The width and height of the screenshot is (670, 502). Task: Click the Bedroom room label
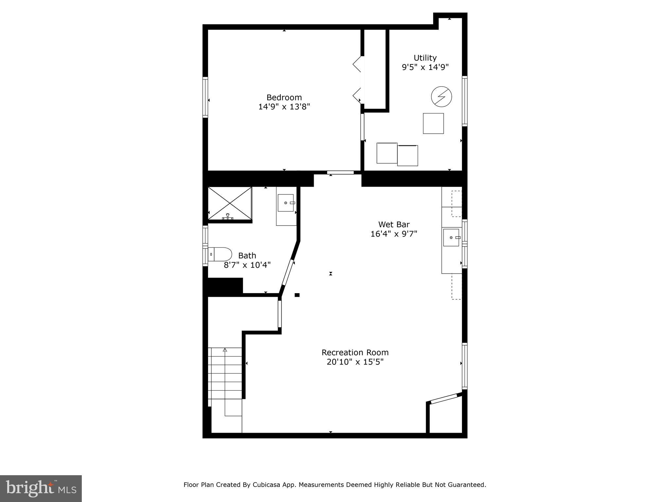pos(284,97)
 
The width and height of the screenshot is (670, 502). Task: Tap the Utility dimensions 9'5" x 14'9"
pos(425,67)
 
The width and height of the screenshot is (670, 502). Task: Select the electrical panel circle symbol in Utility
pos(441,97)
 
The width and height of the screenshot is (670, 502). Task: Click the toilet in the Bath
pos(220,254)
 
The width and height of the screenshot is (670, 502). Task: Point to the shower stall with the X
pos(230,203)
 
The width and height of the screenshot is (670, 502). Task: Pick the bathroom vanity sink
pos(286,203)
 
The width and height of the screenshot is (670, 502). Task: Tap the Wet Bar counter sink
pos(451,238)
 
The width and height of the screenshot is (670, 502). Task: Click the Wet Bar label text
pos(394,225)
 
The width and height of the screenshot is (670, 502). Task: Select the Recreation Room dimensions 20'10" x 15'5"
pos(355,362)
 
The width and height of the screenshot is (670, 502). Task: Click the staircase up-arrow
pos(225,350)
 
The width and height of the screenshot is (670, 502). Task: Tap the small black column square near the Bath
pos(297,295)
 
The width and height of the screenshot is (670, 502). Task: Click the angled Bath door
pos(288,273)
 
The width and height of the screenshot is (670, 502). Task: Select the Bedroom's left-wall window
pos(205,97)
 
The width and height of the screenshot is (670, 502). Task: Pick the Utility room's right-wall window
pos(465,101)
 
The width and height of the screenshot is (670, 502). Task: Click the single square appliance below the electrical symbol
pos(433,124)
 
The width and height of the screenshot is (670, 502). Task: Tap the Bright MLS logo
pos(41,488)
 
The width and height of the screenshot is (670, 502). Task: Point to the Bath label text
pos(247,256)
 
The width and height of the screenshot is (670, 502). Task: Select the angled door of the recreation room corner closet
pos(444,399)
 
